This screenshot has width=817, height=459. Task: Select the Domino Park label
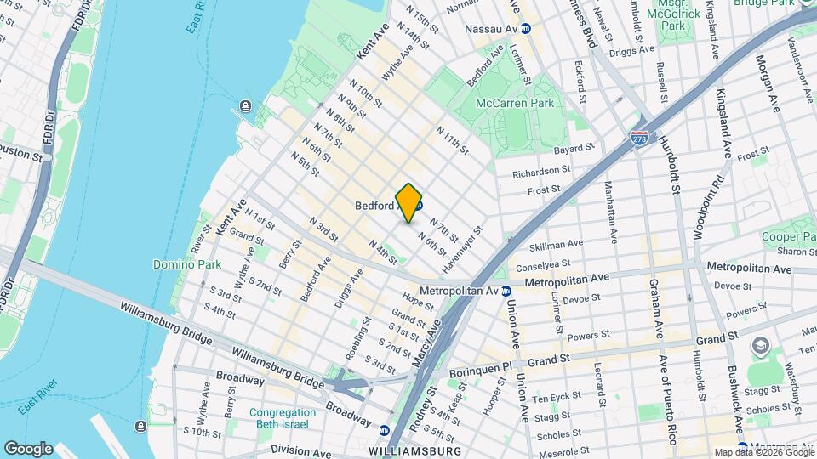[186, 264]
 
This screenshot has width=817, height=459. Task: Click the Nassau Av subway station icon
[526, 28]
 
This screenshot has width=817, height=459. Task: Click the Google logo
[27, 448]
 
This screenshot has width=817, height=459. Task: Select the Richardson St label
[541, 173]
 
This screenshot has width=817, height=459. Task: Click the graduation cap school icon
[759, 347]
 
